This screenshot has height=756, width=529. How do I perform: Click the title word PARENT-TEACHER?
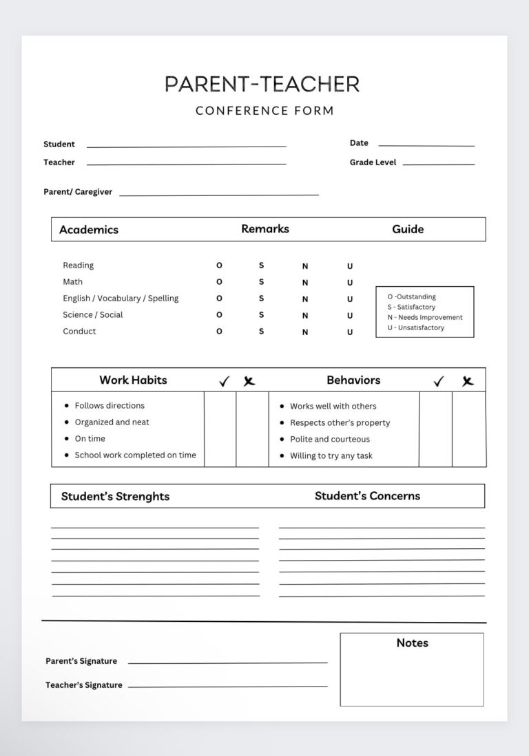click(x=262, y=84)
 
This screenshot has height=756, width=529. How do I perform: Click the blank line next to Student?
click(x=186, y=145)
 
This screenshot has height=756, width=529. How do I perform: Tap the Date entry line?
click(x=426, y=144)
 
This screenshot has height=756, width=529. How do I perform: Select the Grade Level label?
click(x=373, y=162)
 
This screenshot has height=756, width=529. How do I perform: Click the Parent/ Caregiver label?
click(x=78, y=192)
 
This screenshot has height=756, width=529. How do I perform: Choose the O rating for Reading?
click(x=219, y=266)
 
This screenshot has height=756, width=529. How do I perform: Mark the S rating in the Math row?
click(x=261, y=282)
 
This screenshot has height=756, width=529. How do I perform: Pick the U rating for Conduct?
click(x=349, y=332)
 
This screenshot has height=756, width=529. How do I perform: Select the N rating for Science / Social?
click(x=305, y=316)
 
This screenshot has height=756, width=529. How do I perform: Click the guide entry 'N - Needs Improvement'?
click(x=425, y=317)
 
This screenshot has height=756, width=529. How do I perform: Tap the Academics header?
click(x=89, y=230)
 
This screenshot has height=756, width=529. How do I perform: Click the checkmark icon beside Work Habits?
click(x=224, y=381)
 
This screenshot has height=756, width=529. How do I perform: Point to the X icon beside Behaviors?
click(x=468, y=381)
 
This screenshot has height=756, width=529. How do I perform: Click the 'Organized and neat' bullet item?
click(x=112, y=422)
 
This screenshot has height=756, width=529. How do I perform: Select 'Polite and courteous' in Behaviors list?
click(x=329, y=440)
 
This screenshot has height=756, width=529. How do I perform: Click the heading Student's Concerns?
click(x=367, y=495)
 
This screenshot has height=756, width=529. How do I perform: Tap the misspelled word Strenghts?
click(x=142, y=496)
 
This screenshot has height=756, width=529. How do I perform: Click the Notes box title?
click(x=412, y=642)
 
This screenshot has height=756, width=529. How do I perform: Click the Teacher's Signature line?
click(x=227, y=685)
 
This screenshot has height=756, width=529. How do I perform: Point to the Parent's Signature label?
click(x=81, y=661)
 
